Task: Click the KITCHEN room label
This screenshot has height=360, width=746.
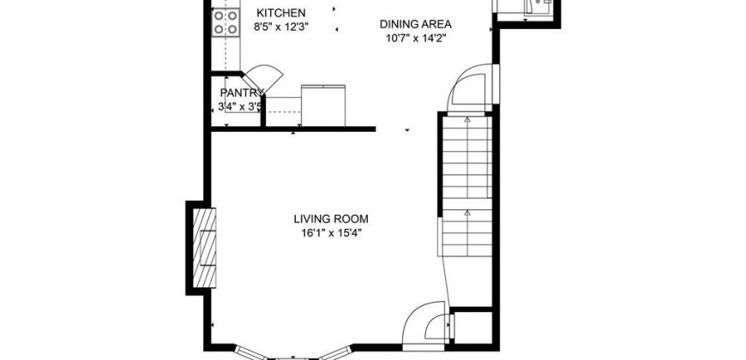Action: point(280,13)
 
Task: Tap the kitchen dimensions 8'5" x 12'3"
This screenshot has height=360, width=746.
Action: point(281,27)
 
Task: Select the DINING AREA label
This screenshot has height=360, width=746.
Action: point(415,24)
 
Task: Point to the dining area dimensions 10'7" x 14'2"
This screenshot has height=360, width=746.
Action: point(415,38)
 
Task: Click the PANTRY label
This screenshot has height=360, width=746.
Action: point(242,93)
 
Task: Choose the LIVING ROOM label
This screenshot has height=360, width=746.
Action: point(331,219)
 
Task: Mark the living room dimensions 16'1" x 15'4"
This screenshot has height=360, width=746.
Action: point(331,233)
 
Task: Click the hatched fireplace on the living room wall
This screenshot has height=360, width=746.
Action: point(204,248)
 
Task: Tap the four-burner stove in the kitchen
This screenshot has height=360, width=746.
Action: point(225,22)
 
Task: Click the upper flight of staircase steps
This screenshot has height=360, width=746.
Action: point(466,157)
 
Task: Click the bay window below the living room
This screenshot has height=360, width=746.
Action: point(293,354)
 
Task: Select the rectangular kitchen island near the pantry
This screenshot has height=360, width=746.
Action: point(323,105)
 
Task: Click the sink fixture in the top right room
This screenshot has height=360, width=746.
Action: point(538,7)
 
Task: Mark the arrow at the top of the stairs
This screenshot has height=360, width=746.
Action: point(467,119)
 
